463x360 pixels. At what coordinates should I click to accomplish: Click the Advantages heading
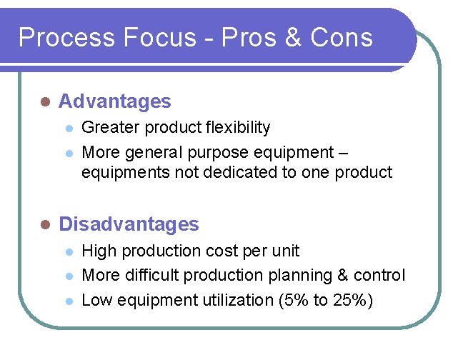tap(114, 101)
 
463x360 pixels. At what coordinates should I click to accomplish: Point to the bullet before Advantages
tap(44, 102)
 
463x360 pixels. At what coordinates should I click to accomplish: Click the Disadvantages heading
tap(129, 224)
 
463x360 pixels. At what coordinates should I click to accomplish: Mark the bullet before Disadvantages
tap(44, 225)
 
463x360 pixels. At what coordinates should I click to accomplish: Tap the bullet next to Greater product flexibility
tap(69, 129)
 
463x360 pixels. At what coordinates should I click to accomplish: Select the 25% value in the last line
tap(353, 300)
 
